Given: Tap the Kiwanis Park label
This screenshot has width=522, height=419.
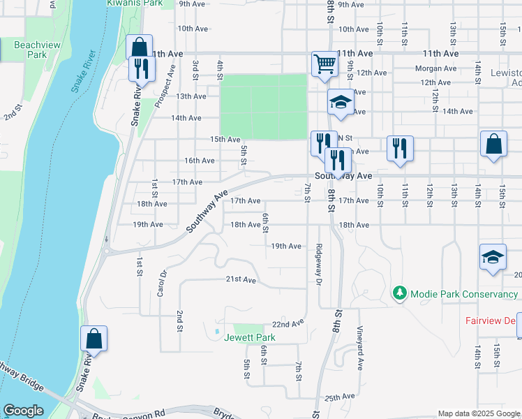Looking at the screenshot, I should (x=134, y=3).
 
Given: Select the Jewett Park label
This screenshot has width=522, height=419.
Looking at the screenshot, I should (x=249, y=338).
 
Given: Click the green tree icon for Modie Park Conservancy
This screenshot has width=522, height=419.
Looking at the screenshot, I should (x=400, y=293).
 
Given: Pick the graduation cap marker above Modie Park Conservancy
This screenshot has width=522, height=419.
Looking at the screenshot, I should (x=493, y=257).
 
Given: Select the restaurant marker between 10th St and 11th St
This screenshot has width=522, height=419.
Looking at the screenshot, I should (x=400, y=148).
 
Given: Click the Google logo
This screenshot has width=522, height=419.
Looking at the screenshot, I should (x=23, y=411).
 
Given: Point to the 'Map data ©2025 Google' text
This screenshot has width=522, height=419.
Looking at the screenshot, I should (x=478, y=413).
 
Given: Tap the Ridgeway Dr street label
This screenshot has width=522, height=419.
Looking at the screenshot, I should (x=318, y=264).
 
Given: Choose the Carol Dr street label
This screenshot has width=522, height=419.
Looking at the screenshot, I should (x=161, y=283).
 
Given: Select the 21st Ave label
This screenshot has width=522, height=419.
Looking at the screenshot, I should (x=241, y=279).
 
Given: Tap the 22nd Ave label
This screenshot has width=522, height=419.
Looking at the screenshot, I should (x=288, y=325).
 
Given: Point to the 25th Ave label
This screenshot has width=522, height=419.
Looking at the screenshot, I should (x=340, y=397).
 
